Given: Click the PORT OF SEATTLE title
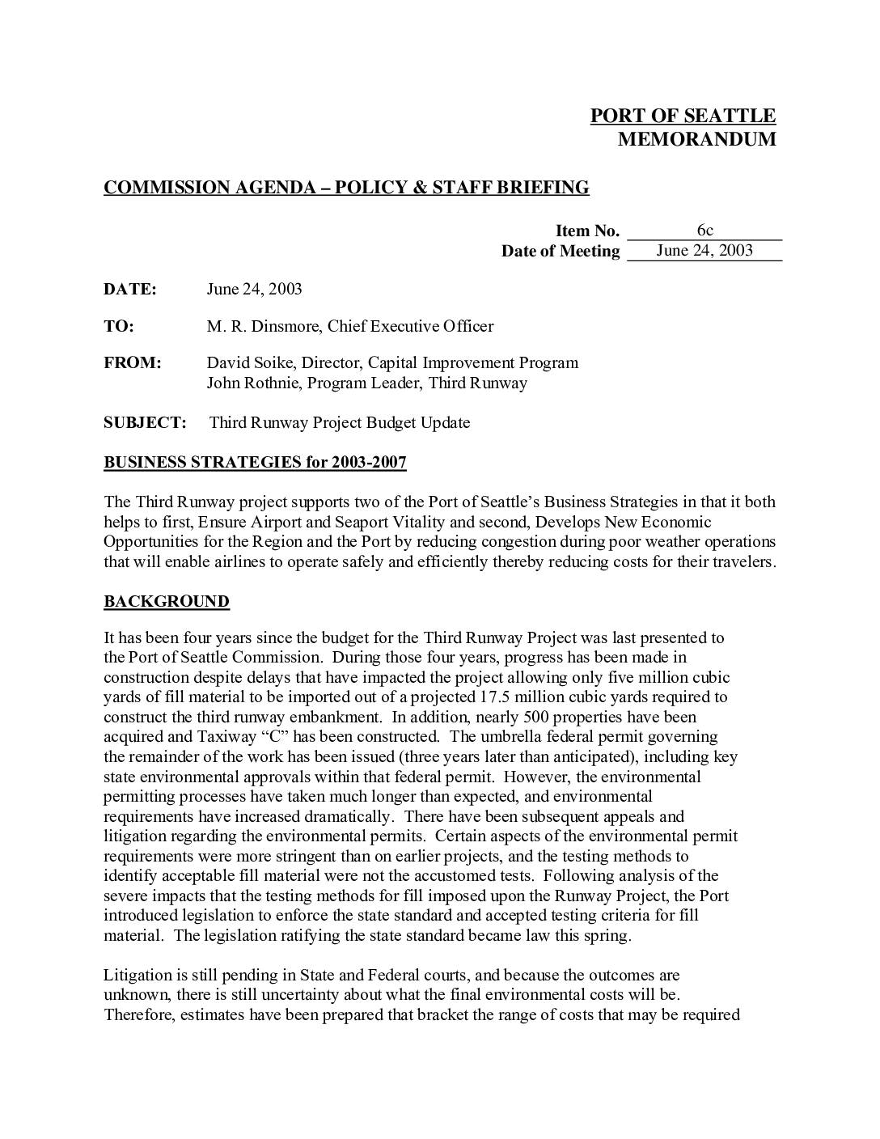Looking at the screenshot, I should [x=682, y=116].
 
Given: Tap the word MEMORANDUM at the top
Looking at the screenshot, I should [x=696, y=139].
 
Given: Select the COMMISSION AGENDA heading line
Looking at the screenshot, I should [x=346, y=188].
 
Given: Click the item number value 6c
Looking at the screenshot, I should [x=704, y=231].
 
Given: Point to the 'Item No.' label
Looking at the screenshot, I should [x=587, y=231].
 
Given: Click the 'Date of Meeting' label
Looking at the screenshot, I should [x=561, y=252].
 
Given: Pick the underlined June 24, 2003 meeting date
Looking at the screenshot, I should [x=704, y=251].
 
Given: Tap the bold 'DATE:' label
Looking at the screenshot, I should [x=129, y=290].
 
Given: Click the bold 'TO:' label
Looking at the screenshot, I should [x=119, y=327].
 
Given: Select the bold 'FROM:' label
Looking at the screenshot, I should [x=133, y=363].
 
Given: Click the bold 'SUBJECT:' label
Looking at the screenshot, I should [x=145, y=423].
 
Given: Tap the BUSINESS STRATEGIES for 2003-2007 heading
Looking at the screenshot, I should [x=255, y=463].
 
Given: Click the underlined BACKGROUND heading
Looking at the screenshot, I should [x=167, y=602].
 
